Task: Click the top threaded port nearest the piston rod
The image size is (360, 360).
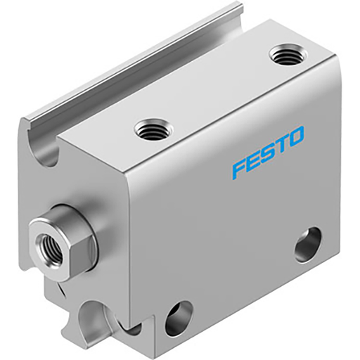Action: point(151,129)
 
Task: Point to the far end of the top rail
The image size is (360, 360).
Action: point(236,10)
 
